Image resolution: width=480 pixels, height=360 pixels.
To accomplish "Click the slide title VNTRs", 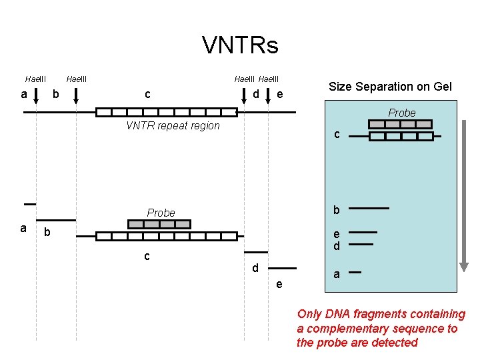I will point(240,45).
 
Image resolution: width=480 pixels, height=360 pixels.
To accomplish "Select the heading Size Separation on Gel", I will point(390,87).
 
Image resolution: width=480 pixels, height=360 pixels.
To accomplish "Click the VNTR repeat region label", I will point(173,126).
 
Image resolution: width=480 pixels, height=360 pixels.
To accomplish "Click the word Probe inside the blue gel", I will point(402,113).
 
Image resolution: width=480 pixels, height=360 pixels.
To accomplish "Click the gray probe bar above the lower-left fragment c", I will point(160,224).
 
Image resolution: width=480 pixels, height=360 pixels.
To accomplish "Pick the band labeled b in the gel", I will point(369,209).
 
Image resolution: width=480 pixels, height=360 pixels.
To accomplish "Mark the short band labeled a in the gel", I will point(355,272).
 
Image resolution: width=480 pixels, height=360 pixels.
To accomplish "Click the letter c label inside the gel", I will point(337,134).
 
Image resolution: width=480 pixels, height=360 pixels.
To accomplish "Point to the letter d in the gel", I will point(337,247).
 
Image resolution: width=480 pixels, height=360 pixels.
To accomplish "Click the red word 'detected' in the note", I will point(394,343).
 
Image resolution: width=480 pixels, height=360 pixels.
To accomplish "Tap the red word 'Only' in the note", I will point(309,313).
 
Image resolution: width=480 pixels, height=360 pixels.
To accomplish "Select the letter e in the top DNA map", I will point(280,95).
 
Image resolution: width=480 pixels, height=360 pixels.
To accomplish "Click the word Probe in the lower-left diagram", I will point(161,213).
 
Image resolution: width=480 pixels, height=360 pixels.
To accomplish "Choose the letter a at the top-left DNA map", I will point(24,94).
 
